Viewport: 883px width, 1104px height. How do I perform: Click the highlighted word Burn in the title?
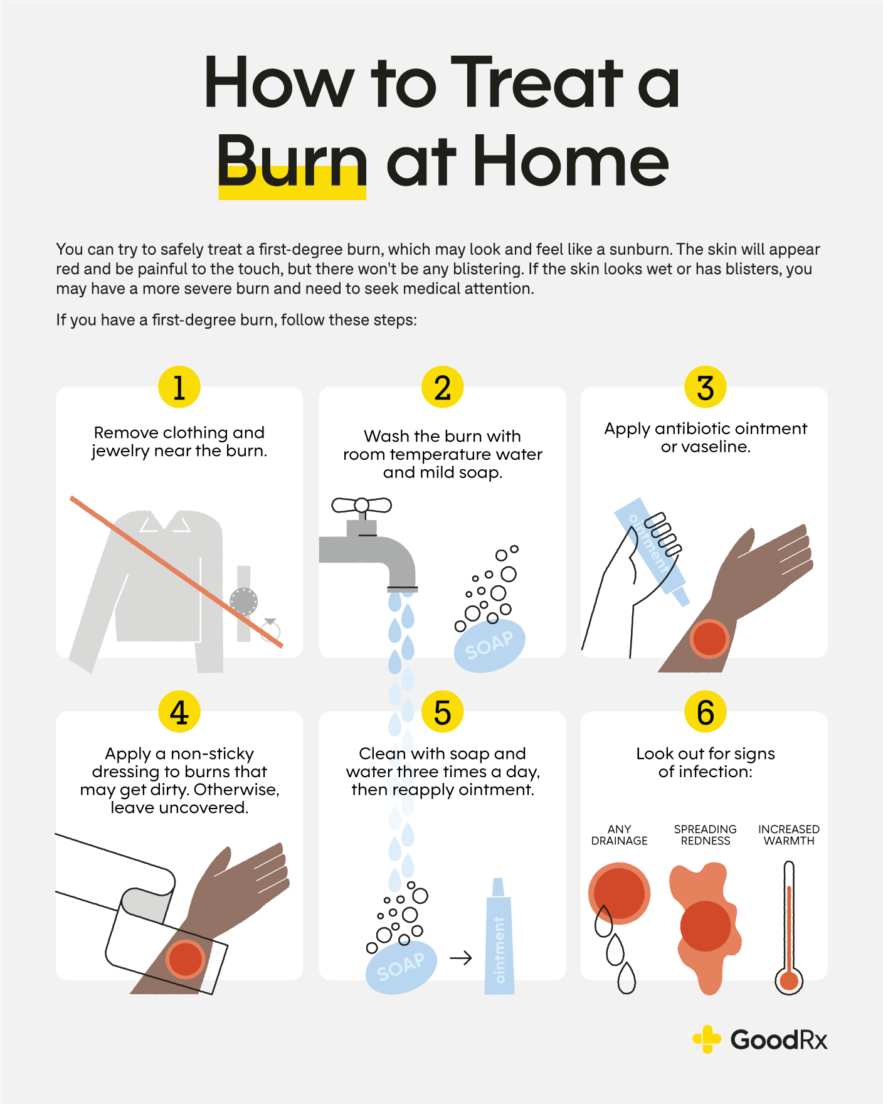click(x=292, y=163)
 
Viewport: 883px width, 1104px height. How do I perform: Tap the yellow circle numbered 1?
click(x=179, y=387)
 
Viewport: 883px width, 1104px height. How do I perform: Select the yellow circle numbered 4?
click(x=179, y=712)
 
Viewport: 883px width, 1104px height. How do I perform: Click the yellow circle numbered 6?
click(x=706, y=712)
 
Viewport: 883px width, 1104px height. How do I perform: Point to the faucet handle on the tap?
click(x=361, y=505)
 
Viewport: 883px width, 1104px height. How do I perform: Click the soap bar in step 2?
click(x=489, y=646)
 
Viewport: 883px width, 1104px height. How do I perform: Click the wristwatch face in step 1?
click(x=243, y=602)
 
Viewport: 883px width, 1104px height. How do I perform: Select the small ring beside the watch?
click(x=271, y=630)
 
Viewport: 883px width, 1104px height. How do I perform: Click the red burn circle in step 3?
click(x=709, y=639)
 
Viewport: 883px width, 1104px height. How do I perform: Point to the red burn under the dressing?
click(x=186, y=959)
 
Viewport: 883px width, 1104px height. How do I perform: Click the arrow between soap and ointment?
click(x=461, y=958)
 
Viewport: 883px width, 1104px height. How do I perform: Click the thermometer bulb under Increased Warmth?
click(x=789, y=980)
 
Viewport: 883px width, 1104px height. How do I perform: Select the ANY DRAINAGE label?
click(x=619, y=835)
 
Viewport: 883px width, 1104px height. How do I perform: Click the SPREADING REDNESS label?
click(x=706, y=835)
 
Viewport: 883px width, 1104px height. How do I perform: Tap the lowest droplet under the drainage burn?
click(x=627, y=979)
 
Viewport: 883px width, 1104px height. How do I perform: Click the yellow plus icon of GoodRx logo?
click(x=707, y=1039)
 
